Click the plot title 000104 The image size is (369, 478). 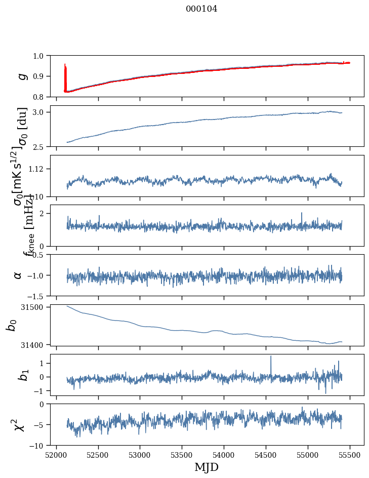(x=201, y=9)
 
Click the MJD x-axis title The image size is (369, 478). (x=207, y=467)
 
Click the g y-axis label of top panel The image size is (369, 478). (x=21, y=76)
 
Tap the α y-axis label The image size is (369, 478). (x=18, y=275)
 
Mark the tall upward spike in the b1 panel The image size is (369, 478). (x=271, y=357)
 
